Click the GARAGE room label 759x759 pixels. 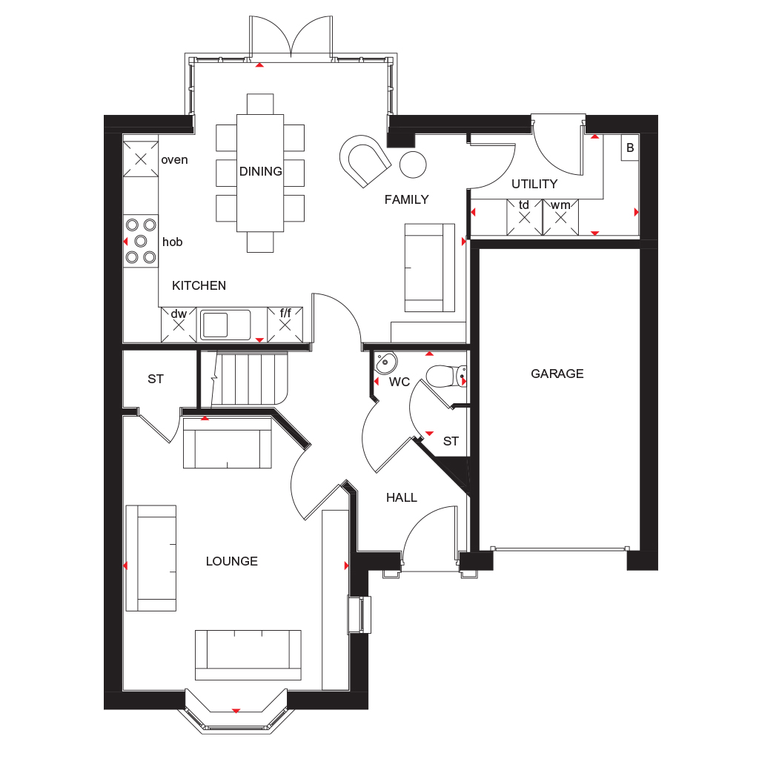(557, 374)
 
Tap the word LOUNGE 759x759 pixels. (231, 561)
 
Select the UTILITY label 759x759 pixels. (534, 184)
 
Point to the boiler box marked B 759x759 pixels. (630, 148)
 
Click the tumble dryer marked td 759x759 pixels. (525, 217)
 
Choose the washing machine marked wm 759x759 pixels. (561, 217)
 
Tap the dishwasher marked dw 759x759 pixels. (179, 324)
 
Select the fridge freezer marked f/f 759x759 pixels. (285, 324)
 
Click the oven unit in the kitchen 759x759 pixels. (141, 159)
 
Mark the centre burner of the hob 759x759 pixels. (141, 241)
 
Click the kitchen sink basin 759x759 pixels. (216, 325)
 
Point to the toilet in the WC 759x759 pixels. (445, 377)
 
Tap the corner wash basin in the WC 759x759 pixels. (385, 363)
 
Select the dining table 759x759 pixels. (260, 172)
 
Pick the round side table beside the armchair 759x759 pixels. (414, 163)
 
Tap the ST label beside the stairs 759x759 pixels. (155, 379)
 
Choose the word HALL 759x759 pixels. (401, 498)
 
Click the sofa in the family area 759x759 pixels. (429, 268)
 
